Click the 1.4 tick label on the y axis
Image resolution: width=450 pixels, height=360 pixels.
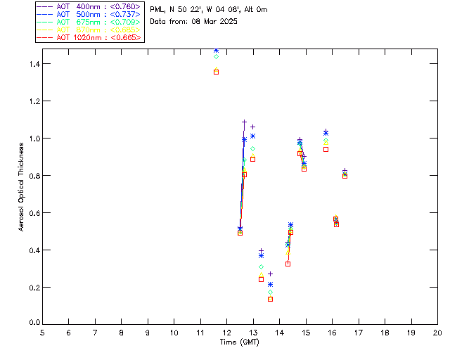pyautogui.click(x=33, y=64)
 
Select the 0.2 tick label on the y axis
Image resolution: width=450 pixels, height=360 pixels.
pyautogui.click(x=33, y=288)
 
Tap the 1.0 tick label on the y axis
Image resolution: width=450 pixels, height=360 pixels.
pyautogui.click(x=33, y=139)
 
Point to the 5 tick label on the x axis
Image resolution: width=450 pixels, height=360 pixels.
pyautogui.click(x=42, y=332)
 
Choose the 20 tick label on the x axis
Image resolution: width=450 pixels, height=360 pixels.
pyautogui.click(x=437, y=332)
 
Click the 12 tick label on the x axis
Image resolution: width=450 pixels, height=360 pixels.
pyautogui.click(x=226, y=332)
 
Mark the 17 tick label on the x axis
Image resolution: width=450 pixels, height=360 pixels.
pyautogui.click(x=358, y=332)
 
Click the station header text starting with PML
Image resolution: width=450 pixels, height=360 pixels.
pyautogui.click(x=209, y=10)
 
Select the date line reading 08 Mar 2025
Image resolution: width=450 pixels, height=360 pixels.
pyautogui.click(x=193, y=21)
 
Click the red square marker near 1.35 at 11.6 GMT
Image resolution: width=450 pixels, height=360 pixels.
pyautogui.click(x=217, y=72)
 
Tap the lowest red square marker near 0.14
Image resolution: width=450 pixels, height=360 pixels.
pyautogui.click(x=270, y=299)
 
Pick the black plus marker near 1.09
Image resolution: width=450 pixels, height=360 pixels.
pyautogui.click(x=244, y=122)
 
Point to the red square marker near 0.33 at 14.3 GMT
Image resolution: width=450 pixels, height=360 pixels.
pyautogui.click(x=288, y=264)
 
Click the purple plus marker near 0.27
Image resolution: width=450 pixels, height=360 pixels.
pyautogui.click(x=270, y=274)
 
